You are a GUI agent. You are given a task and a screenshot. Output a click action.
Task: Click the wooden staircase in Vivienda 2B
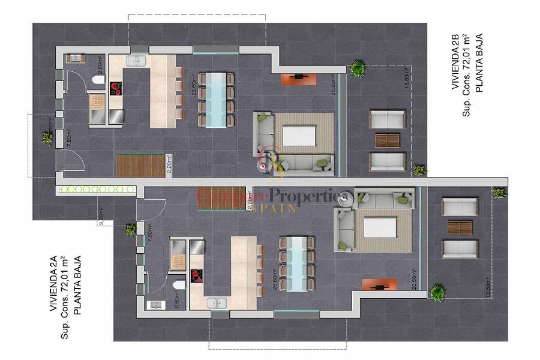point(140,166)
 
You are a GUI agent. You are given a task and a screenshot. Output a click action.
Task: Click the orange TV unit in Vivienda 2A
point(379,284)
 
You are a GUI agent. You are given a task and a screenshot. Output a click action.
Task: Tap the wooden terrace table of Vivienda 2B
point(387,140)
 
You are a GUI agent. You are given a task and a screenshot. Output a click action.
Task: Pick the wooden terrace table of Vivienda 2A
point(460,227)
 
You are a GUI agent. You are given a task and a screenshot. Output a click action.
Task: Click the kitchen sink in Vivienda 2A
point(217,303)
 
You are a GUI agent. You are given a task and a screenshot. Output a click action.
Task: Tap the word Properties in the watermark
point(310,195)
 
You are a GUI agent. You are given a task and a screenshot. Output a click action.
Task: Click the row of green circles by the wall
point(95,189)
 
